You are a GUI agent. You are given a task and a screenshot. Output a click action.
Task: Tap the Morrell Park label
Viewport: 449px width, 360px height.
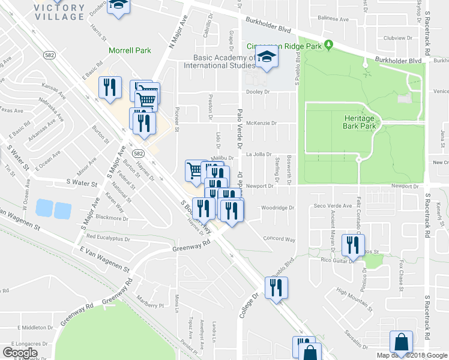click(x=130, y=51)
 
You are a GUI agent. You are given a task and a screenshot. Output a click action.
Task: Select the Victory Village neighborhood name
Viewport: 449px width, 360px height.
click(x=59, y=12)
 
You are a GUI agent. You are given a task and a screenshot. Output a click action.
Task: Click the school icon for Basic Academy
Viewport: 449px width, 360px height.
click(x=265, y=58)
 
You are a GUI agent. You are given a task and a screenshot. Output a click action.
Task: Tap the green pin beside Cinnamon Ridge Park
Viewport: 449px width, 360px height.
click(x=328, y=44)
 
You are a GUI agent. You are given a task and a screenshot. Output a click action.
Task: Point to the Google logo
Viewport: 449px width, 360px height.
click(x=20, y=353)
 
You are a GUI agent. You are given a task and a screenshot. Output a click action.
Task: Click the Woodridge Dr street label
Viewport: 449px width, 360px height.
click(x=279, y=208)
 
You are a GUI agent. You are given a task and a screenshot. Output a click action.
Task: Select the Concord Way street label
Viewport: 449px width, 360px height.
click(x=279, y=239)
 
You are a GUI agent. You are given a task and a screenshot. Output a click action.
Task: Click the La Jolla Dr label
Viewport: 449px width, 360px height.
click(x=259, y=154)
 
